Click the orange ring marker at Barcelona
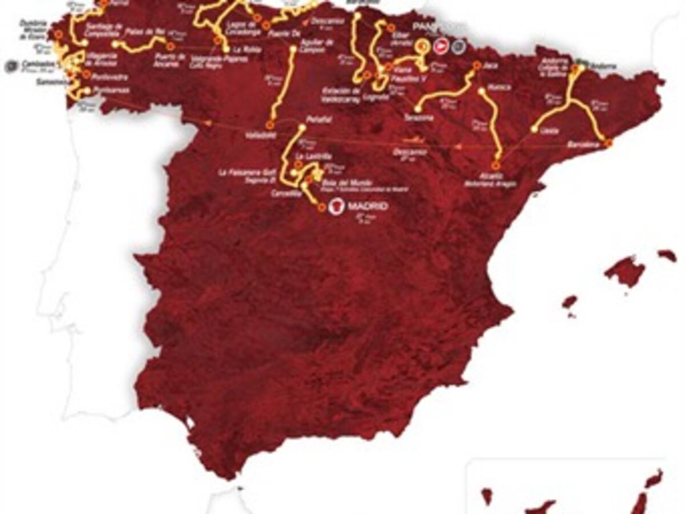click(609, 144)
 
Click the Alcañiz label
click(495, 175)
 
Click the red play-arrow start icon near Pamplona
click(441, 46)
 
